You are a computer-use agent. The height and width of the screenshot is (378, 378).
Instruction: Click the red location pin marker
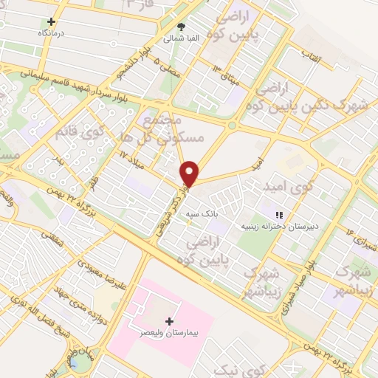190,173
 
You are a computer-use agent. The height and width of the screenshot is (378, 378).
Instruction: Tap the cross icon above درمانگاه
51,22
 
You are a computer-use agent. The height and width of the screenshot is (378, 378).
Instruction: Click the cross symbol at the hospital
171,321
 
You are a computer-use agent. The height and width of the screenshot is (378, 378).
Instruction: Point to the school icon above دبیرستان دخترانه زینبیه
279,215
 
